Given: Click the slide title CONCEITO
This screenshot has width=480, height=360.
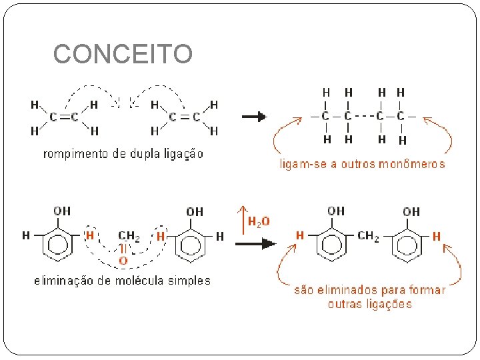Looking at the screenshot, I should tap(123, 54).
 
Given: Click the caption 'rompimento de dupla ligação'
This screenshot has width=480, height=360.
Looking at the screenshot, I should tap(123, 154).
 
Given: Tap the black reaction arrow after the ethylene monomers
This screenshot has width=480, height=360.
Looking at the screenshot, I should tap(254, 117).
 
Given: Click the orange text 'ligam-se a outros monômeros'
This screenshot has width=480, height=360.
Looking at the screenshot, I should tap(362, 164).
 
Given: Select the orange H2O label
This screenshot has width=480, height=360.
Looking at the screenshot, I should tap(259, 221).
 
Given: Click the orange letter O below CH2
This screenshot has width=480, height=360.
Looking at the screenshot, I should tap(123, 259).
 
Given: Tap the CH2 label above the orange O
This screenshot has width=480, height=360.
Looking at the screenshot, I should tap(129, 235).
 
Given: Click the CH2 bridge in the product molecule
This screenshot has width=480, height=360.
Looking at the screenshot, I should tap(369, 235).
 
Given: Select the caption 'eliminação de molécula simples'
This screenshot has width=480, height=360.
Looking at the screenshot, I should tap(122, 281).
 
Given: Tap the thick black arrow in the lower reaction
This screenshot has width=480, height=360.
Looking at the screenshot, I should tap(255, 243).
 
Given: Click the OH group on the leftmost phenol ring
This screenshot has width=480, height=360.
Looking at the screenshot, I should tap(62, 211).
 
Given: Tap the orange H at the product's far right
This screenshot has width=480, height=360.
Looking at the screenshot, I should tap(437, 236).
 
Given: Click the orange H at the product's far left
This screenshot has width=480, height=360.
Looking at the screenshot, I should tap(300, 235).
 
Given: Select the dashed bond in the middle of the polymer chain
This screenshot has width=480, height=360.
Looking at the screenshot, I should tap(361, 116).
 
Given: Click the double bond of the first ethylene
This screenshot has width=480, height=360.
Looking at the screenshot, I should tap(65, 117).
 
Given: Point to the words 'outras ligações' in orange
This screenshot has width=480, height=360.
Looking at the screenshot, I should tap(370, 304).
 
